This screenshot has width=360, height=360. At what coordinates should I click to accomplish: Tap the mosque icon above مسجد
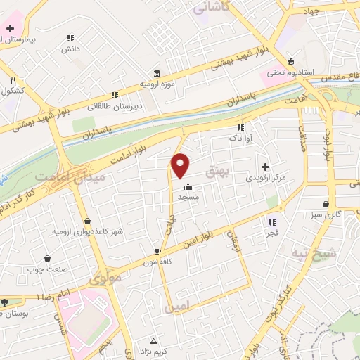coord(188,187)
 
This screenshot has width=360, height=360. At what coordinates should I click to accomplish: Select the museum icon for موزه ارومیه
coord(155,73)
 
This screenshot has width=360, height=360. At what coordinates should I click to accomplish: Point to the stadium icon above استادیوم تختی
coord(292,61)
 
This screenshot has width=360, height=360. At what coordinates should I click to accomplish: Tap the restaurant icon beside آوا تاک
coord(240,128)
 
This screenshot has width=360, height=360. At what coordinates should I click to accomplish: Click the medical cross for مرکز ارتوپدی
coord(265,167)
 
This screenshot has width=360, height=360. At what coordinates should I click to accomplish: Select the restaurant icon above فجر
coord(271,222)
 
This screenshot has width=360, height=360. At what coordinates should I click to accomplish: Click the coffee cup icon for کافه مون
coord(157,251)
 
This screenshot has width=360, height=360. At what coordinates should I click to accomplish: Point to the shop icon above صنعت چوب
coord(47,258)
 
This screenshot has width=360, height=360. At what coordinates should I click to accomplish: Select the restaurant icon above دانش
coord(70,38)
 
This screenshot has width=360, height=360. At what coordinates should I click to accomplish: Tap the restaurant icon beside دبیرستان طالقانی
coord(114,96)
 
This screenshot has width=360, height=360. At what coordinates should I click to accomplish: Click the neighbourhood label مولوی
coord(105,277)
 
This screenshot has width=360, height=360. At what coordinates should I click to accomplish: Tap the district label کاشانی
coord(215,8)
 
